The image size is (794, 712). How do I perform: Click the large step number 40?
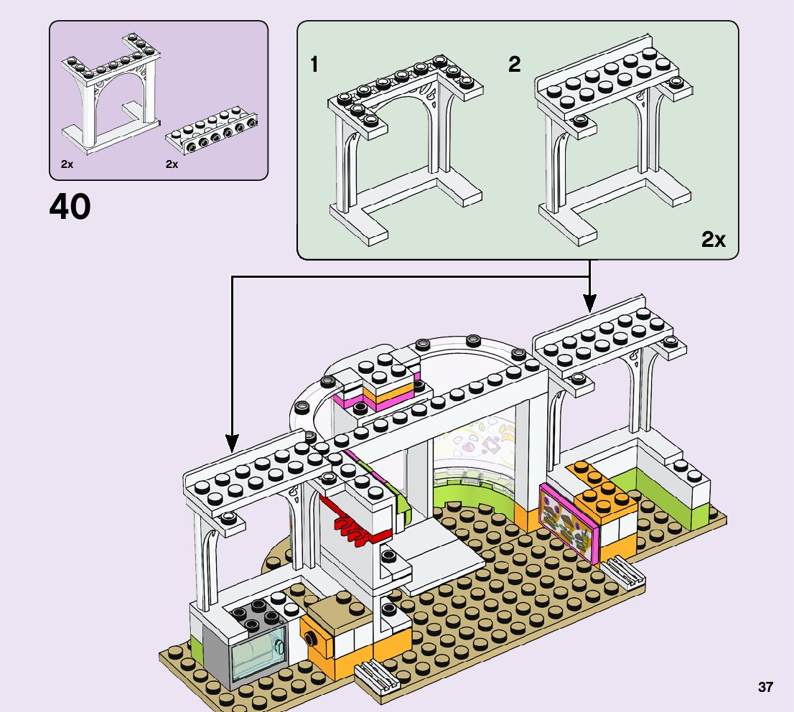click(70, 207)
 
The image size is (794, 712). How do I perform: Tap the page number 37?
click(765, 687)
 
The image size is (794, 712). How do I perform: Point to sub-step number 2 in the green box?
click(514, 65)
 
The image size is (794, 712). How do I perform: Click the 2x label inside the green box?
click(713, 240)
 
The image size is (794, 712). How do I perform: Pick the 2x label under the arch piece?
click(67, 164)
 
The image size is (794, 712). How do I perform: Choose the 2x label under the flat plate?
click(172, 164)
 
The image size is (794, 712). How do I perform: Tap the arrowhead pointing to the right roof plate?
click(589, 301)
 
